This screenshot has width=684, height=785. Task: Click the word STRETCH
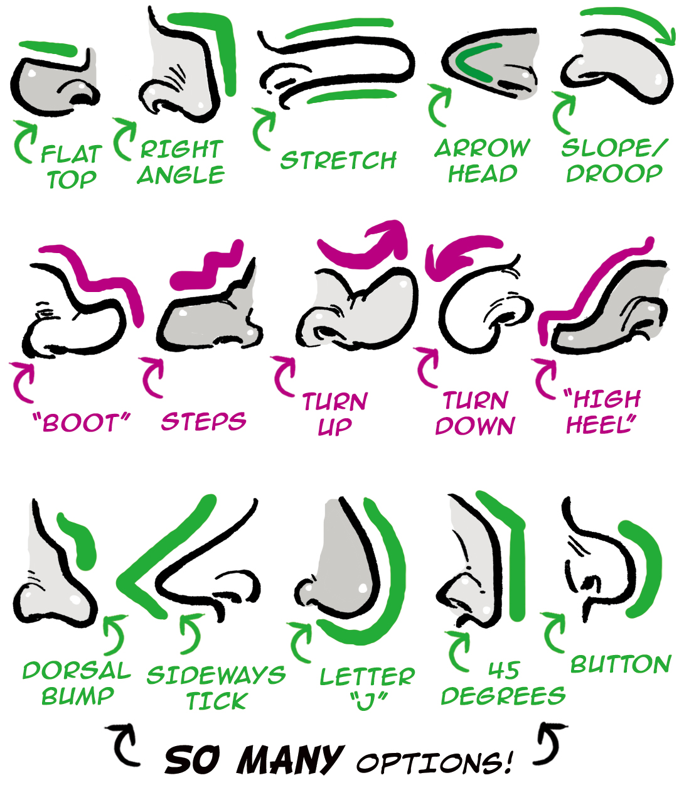pos(338,160)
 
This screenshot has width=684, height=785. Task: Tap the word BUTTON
pos(621,664)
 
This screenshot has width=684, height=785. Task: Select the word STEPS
pos(203,421)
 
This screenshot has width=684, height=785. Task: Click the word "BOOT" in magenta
pos(82,423)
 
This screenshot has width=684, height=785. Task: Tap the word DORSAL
pos(77,670)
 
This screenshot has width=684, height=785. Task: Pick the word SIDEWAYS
pos(216,674)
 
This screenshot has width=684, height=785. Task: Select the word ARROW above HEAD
pos(482,148)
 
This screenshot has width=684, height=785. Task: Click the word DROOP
pos(614,173)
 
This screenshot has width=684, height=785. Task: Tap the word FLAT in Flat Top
pos(72,154)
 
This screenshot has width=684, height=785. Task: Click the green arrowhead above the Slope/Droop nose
pos(666,37)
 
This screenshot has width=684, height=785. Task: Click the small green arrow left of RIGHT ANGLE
pos(125,139)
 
